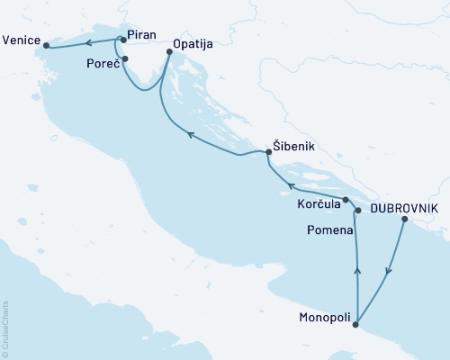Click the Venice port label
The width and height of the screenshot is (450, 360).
[x=22, y=40]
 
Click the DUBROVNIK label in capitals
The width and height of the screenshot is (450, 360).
[x=405, y=208]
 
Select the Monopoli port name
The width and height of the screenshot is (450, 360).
[x=325, y=318]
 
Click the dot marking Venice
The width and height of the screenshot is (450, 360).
[x=46, y=47]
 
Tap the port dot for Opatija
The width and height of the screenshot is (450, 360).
[x=168, y=51]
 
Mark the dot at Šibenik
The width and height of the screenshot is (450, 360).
[x=268, y=154]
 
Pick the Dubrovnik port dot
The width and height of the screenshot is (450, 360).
[x=404, y=220]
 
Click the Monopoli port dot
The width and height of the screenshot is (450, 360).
[x=357, y=324]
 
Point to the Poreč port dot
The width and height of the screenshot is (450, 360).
[x=124, y=59]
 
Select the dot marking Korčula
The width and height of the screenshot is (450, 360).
[x=346, y=200]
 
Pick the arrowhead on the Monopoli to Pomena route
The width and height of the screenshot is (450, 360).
[x=358, y=268]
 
